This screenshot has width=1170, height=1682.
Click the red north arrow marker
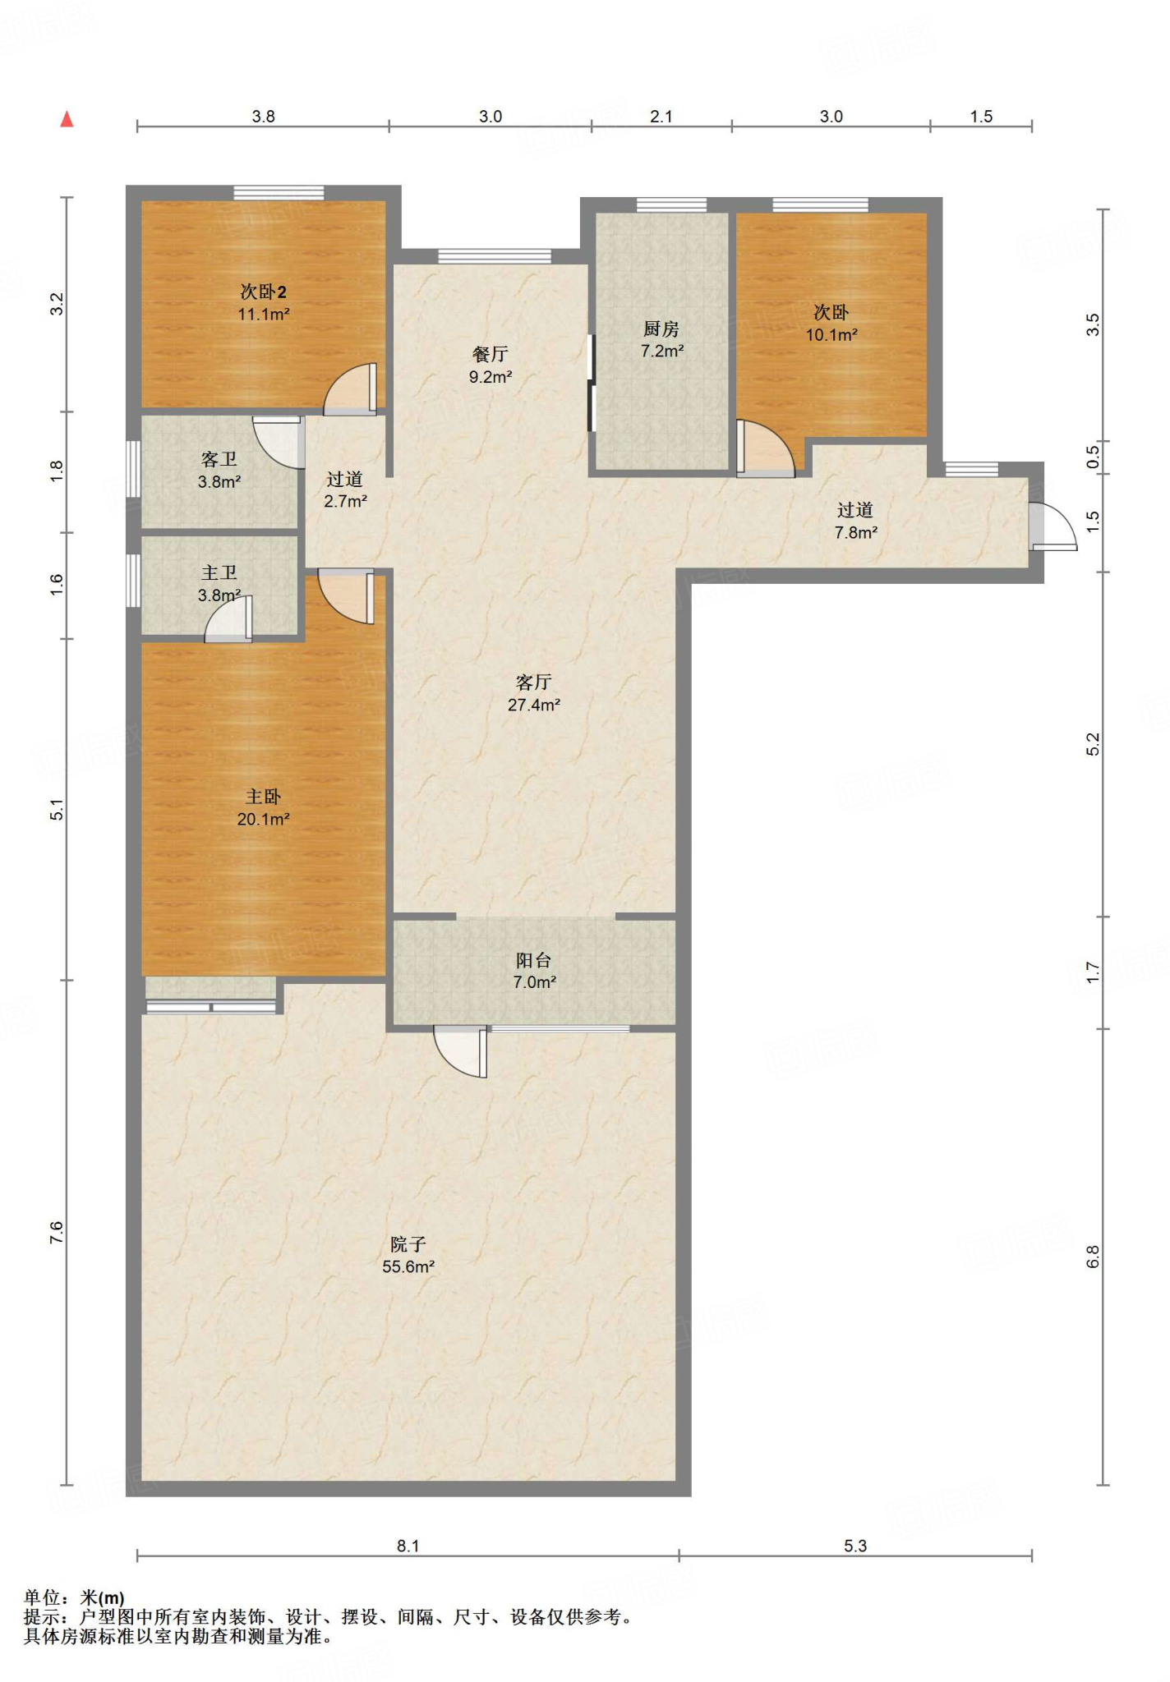[67, 119]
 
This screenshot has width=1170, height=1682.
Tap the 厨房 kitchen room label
[661, 329]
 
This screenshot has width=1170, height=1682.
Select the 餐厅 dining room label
[491, 354]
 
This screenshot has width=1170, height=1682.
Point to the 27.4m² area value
[534, 705]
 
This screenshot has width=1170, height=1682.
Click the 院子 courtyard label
[408, 1244]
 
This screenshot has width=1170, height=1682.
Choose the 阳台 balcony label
[534, 960]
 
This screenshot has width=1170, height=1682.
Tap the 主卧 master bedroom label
[264, 797]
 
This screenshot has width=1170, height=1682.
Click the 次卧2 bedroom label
[264, 292]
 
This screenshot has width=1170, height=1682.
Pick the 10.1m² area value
[831, 335]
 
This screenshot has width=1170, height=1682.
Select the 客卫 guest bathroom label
[219, 460]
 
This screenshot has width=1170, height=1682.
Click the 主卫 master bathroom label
[219, 573]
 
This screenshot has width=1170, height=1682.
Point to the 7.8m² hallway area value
[856, 532]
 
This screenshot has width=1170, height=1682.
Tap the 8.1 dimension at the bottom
[408, 1546]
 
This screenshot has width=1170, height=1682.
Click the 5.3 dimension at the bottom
[855, 1546]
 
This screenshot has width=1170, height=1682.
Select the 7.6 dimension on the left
[56, 1232]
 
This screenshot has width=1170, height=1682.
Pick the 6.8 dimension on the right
[1093, 1257]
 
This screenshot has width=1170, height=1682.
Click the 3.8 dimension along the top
[263, 117]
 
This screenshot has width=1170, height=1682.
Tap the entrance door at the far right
[1052, 526]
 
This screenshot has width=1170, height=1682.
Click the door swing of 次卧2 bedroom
[351, 389]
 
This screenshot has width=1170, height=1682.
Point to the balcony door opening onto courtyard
[462, 1051]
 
